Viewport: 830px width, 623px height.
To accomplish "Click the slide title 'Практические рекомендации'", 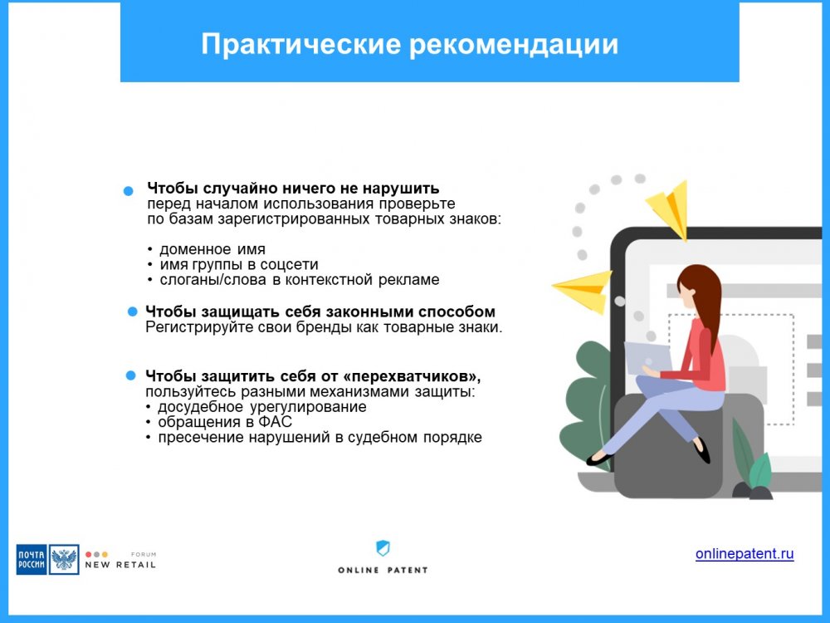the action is click(409, 45).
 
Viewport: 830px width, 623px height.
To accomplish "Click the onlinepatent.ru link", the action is click(745, 553).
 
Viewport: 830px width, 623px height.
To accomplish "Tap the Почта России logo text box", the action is click(32, 559).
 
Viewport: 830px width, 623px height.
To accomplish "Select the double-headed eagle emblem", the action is click(64, 559).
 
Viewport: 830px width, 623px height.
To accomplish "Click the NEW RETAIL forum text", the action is click(120, 565).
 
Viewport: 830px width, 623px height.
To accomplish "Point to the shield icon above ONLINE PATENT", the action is click(383, 547).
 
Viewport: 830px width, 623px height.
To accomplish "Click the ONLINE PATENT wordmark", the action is click(383, 570).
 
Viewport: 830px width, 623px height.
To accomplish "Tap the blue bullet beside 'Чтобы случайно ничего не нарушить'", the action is click(128, 191).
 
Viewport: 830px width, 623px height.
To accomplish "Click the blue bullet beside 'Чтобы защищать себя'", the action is click(132, 311).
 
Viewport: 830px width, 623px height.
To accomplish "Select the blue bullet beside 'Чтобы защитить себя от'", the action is click(131, 375).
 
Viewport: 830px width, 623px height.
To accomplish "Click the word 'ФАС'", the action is click(276, 422).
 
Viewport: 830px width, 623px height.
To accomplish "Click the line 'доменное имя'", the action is click(212, 249).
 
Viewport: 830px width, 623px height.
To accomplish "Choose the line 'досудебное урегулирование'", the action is click(262, 407).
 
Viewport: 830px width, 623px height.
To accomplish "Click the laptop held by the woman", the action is click(648, 358).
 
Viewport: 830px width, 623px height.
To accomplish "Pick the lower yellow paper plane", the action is click(583, 290).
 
